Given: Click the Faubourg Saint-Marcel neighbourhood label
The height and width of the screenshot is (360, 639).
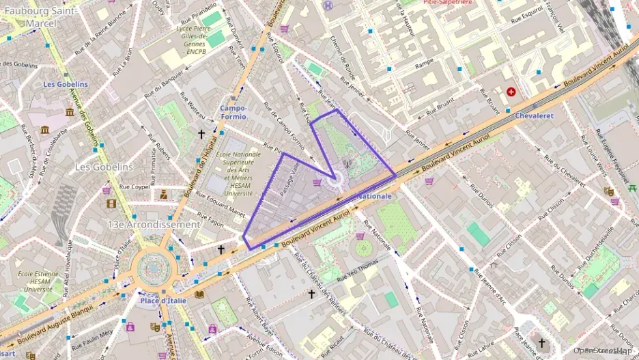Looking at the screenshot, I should tap(41, 17).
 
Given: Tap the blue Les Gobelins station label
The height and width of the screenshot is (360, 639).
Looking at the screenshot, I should tap(66, 84).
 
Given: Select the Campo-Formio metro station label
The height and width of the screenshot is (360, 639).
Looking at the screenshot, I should tap(233, 113).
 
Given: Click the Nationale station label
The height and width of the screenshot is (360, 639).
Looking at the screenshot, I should tap(375, 196).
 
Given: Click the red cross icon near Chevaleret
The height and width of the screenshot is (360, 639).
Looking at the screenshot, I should tap(511, 92).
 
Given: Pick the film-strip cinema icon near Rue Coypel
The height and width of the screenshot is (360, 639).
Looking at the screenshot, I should tap(111, 203).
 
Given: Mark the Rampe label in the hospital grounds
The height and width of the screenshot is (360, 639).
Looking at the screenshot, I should tap(424, 62).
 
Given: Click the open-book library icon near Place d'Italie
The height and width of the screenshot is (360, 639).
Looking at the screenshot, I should tap(199, 294).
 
